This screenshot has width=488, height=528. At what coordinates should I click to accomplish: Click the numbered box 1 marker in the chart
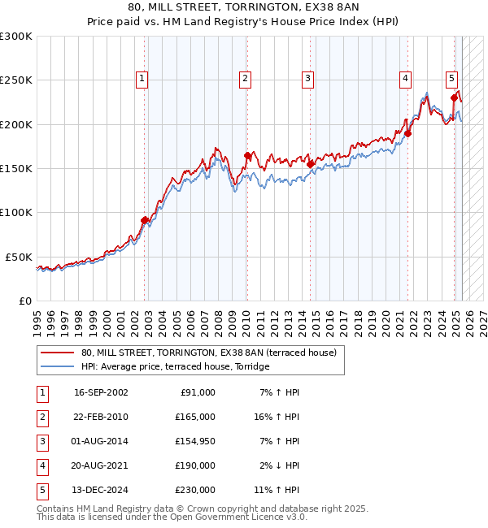click(142, 79)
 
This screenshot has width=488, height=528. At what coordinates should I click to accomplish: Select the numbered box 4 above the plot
click(404, 79)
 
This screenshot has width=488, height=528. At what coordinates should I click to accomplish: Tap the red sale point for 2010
click(247, 155)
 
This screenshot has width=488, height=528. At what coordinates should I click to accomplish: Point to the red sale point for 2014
click(311, 163)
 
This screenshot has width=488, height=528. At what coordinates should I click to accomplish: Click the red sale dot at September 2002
click(145, 219)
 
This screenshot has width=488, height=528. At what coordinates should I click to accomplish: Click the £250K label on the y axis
click(16, 80)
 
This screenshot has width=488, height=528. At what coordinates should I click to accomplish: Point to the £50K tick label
click(19, 256)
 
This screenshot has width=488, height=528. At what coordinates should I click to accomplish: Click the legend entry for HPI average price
click(174, 366)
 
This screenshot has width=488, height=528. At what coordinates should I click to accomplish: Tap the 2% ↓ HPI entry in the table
click(280, 465)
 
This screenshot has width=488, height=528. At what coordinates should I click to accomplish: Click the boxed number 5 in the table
click(41, 490)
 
